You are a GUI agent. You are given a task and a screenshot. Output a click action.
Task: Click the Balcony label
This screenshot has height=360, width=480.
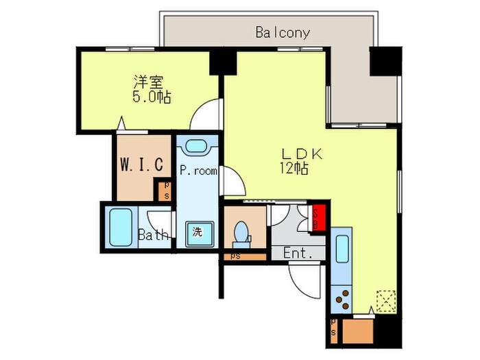pos(283,32)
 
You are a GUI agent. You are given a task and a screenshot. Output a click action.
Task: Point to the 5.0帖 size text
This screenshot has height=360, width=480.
pos(152,97)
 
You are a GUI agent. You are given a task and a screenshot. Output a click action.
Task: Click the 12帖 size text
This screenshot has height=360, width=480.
pos(293,168)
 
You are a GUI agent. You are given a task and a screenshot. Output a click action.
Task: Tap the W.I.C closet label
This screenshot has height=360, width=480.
pos(141,165)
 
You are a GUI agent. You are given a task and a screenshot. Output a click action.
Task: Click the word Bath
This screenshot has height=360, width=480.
pos(153,235)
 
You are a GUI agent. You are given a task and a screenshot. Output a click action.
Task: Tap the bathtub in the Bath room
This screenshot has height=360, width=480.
pos(121,228)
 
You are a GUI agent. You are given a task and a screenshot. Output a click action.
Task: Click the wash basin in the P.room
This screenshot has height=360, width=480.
pos(197,147)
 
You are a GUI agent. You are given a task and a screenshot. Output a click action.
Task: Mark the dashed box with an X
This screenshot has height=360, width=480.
pos(386,300)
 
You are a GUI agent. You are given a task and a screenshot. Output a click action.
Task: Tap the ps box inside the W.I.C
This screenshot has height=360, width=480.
pos(165,190)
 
